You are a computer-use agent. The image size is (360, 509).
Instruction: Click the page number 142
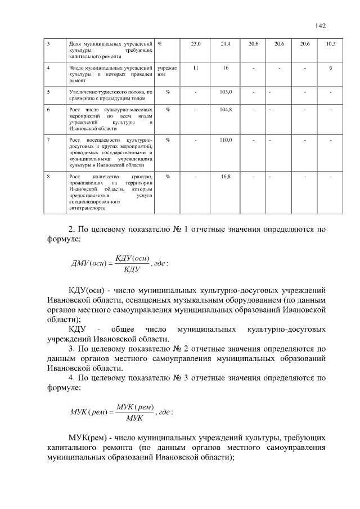point(321,25)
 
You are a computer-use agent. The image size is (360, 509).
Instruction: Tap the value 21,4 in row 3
point(226,44)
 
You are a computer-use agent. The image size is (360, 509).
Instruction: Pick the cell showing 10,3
point(331,44)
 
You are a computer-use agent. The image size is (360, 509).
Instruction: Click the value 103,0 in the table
point(226,91)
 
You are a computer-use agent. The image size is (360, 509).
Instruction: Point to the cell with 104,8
point(226,109)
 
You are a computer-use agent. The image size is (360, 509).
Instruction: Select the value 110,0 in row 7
point(226,139)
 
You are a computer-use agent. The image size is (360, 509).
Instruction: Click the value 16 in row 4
point(226,68)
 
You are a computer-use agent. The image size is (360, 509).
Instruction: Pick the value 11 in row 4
point(195,68)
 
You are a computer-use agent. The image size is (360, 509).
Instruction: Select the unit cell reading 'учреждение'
point(167,71)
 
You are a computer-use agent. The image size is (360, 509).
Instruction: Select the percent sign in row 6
point(168,109)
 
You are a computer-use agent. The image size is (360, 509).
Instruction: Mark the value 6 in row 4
point(331,68)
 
